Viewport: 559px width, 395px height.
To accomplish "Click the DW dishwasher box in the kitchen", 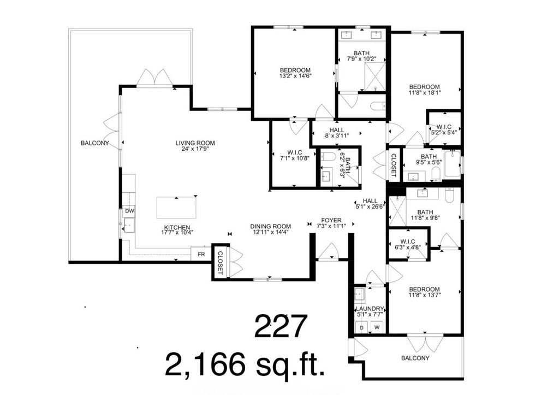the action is (129, 211).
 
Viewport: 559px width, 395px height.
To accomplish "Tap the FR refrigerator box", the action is (201, 255).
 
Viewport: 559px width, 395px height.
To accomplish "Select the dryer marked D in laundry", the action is (361, 327).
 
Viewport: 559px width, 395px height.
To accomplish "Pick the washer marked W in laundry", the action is (377, 327).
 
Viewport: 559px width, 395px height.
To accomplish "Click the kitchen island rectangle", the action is (176, 208).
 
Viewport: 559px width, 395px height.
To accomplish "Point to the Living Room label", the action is (195, 143).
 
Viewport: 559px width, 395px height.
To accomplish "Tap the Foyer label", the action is (331, 220).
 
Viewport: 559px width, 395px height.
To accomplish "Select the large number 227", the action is (281, 326).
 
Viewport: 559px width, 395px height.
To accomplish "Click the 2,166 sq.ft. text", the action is (245, 364).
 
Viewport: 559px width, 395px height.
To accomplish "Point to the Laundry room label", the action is (370, 309).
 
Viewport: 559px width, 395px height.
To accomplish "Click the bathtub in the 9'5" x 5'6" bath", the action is (452, 164).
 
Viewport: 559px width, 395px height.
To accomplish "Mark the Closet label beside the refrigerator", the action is (220, 263).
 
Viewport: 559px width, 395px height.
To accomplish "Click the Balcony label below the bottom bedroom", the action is (415, 358).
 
